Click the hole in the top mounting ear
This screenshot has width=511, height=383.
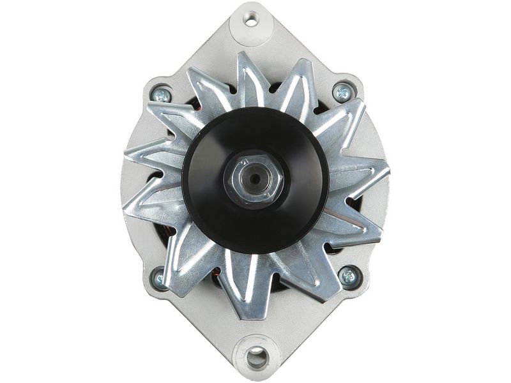click(x=251, y=20)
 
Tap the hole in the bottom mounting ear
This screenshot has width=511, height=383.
click(x=257, y=357)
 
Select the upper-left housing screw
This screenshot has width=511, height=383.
click(x=161, y=95)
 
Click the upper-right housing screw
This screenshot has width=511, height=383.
click(x=343, y=93)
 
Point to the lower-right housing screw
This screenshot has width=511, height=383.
click(x=348, y=276)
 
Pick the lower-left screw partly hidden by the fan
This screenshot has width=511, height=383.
click(x=160, y=278)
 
